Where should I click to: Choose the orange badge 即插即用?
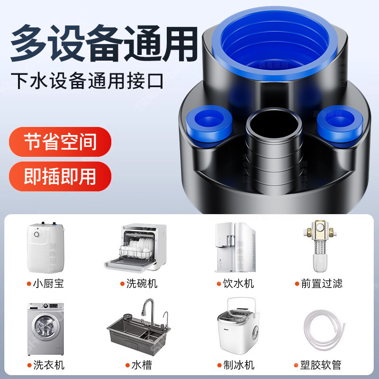[x=60, y=176]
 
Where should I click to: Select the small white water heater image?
[x=45, y=244]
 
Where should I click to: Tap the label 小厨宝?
[x=48, y=284]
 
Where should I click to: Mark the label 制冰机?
[x=239, y=365]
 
